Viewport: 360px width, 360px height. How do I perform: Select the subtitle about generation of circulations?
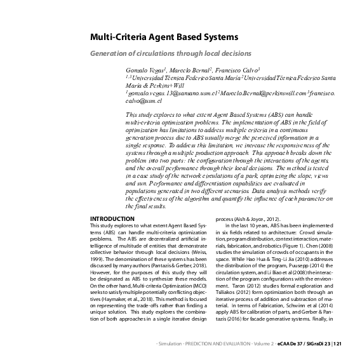click(171, 53)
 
